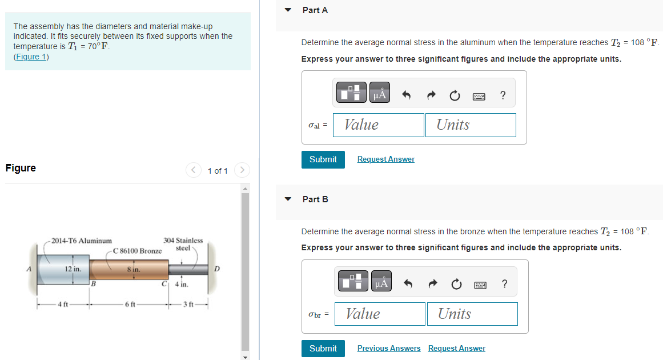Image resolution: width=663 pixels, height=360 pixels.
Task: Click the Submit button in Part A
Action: [x=323, y=159]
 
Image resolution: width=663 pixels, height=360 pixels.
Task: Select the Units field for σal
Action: [x=470, y=125]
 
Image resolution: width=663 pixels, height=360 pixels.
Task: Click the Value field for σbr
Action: [x=380, y=314]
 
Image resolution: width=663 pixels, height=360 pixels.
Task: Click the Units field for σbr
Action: [x=472, y=314]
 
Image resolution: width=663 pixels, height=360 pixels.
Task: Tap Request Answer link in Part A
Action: [x=385, y=159]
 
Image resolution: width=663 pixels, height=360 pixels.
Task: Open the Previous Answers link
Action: [x=388, y=349]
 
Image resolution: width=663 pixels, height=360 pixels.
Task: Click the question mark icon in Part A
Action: [x=502, y=95]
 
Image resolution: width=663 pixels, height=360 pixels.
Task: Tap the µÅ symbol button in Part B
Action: [x=381, y=282]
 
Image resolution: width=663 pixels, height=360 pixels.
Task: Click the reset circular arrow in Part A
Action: [x=454, y=96]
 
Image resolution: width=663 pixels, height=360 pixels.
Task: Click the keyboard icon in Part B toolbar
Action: [x=480, y=285]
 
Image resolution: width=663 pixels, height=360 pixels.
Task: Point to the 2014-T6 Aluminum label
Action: [x=81, y=241]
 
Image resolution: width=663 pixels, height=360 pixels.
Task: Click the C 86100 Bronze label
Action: [x=137, y=251]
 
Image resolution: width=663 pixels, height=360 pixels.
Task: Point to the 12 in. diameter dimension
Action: [x=73, y=268]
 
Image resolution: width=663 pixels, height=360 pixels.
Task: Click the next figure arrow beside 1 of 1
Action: [x=242, y=170]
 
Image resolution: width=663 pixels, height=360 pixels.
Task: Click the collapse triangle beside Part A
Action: [x=288, y=10]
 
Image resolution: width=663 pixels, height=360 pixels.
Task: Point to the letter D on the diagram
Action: [x=216, y=269]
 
